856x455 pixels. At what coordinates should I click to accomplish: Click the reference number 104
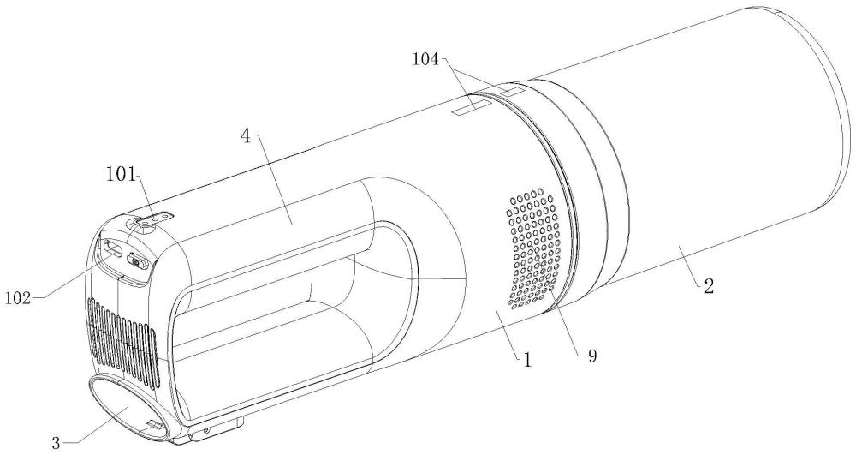[425, 59]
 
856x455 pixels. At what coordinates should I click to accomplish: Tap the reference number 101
[122, 175]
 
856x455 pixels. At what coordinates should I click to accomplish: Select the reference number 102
[19, 298]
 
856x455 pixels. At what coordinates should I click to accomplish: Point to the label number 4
[247, 136]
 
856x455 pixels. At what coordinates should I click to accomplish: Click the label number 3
[56, 442]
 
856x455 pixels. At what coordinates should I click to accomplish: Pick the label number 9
[591, 356]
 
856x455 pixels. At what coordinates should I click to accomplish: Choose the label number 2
[709, 286]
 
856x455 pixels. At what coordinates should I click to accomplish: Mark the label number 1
[526, 361]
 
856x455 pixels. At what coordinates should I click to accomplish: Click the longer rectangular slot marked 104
[472, 106]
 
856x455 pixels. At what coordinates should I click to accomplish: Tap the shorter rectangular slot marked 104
[512, 91]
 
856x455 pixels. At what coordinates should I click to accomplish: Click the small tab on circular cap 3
[155, 424]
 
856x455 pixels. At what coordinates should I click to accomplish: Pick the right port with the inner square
[137, 261]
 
